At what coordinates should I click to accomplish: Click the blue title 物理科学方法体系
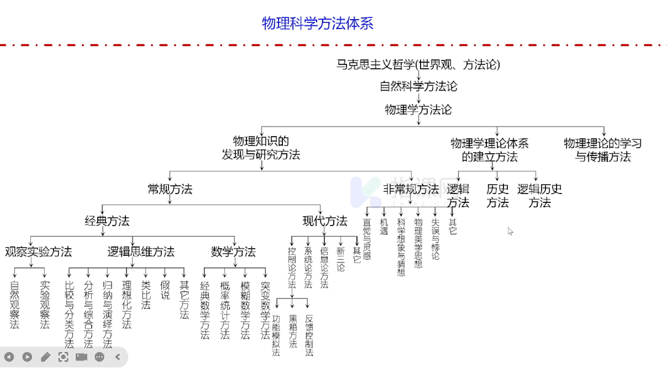317,23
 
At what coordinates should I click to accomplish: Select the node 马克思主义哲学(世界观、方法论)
418,65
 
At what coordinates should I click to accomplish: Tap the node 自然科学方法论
418,86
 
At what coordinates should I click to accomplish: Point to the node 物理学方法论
418,109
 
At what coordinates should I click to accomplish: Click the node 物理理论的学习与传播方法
603,150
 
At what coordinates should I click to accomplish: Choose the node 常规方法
170,189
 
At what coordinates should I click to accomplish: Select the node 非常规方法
411,189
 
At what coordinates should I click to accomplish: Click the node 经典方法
107,221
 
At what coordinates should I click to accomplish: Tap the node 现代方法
325,221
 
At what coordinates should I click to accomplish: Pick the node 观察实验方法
39,252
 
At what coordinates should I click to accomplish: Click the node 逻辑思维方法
141,252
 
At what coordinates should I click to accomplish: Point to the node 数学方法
233,252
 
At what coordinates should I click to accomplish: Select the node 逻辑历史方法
539,196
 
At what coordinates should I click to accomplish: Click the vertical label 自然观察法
14,305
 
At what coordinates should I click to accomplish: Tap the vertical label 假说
165,290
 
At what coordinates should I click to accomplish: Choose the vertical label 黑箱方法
293,331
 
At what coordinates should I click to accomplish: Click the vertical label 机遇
384,227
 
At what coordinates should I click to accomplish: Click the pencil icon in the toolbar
45,357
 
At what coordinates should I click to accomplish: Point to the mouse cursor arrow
510,231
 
